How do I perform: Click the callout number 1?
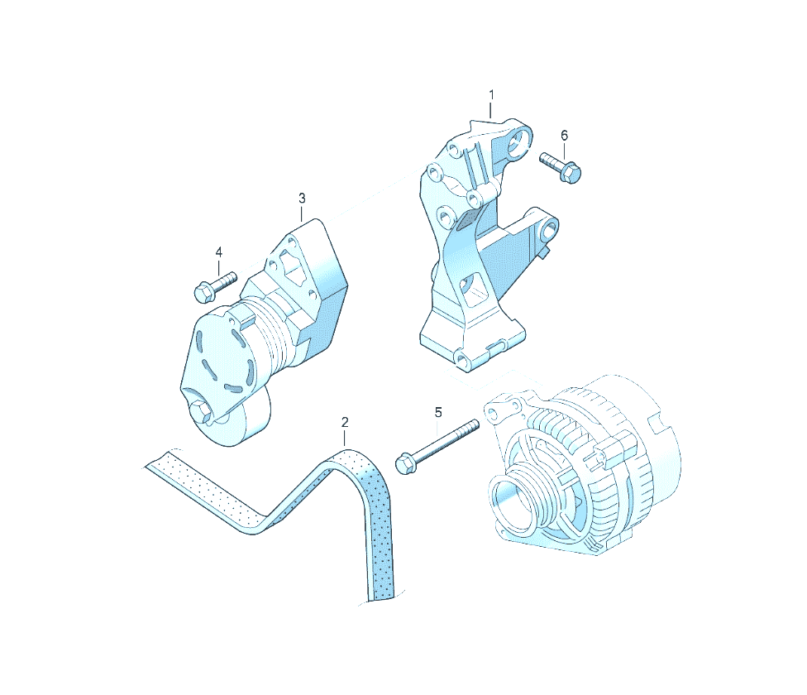click(x=491, y=94)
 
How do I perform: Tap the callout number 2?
click(x=345, y=422)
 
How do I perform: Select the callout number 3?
click(x=302, y=198)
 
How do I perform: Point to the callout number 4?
click(x=219, y=252)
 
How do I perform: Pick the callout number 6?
click(x=564, y=136)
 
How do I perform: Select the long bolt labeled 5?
click(x=437, y=447)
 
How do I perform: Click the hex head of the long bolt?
click(x=404, y=463)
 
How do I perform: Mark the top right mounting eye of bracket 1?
click(x=520, y=139)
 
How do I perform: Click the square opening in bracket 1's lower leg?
click(x=475, y=287)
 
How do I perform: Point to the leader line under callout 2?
click(x=345, y=439)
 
